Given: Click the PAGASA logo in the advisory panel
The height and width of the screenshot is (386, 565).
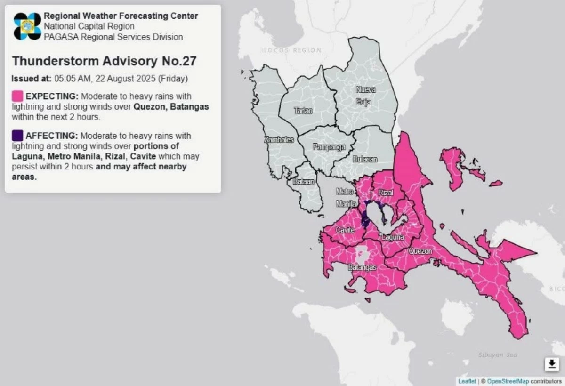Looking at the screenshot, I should (28, 26).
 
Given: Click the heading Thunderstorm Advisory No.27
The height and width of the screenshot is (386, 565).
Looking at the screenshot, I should (104, 61).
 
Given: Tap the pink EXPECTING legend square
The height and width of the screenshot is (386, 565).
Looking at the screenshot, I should (17, 96).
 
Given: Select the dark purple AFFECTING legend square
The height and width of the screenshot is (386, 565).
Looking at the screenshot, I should (17, 136).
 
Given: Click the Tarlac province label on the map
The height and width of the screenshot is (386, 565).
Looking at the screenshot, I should (303, 111).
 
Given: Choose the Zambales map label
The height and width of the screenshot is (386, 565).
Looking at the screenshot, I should (279, 140).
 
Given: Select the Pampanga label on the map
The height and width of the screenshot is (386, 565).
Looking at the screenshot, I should (329, 147).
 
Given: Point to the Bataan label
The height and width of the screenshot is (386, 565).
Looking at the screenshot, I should (304, 181).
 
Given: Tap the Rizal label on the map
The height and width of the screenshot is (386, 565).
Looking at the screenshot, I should (386, 193).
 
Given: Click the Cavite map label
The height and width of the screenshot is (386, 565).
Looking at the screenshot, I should (345, 230).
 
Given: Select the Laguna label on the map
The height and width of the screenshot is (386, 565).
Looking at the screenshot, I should (393, 238).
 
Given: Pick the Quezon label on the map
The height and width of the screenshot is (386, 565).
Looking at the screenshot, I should (420, 251).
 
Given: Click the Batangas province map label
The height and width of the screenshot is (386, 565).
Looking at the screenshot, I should (362, 267).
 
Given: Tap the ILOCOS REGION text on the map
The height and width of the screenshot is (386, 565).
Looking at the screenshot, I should (292, 50).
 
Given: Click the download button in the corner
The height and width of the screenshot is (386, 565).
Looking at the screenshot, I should (551, 364).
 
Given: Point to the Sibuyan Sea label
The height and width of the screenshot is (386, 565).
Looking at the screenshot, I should (497, 354).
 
